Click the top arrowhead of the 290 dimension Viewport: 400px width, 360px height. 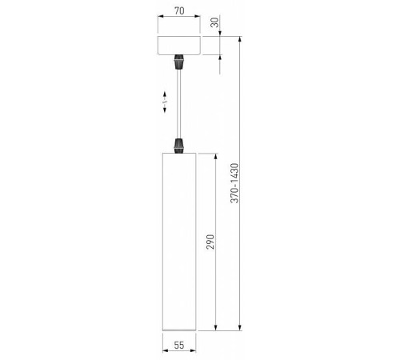(x=217, y=155)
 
